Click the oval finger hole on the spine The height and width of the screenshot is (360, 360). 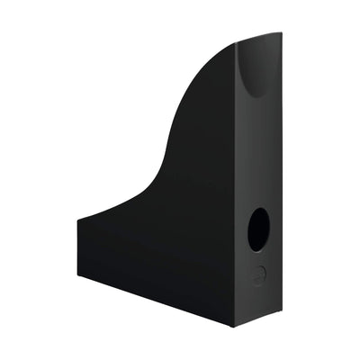tap(258, 229)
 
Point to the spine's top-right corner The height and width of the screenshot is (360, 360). tap(281, 33)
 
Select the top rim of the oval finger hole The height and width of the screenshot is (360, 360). tap(259, 209)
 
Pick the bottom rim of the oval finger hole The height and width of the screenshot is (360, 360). tap(257, 250)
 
